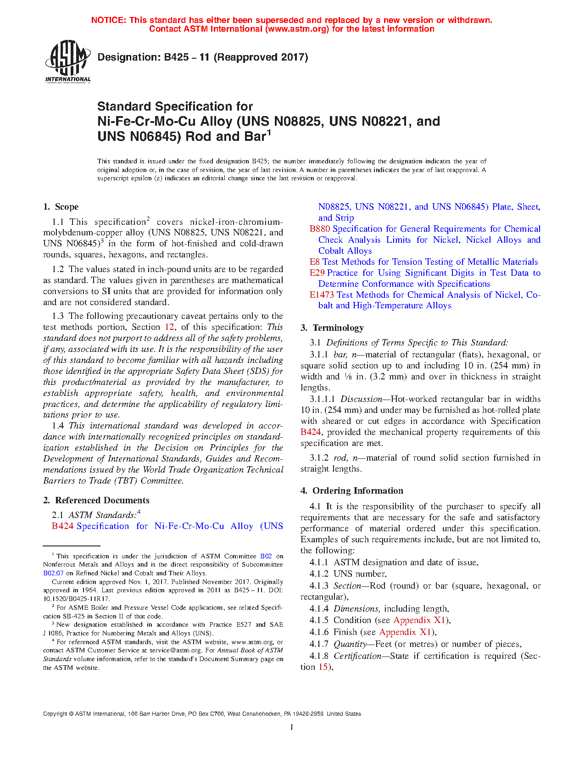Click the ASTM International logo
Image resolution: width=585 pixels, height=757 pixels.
pos(68,61)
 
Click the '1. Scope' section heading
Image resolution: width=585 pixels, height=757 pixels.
pos(61,207)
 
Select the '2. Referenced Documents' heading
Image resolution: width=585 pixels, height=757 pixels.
pos(96,501)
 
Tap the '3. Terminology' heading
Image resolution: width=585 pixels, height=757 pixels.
pos(332,328)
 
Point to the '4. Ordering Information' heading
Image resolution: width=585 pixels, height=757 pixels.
pos(352,491)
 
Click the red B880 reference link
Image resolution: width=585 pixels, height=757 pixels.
pos(320,229)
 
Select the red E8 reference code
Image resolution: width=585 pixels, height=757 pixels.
pos(314,262)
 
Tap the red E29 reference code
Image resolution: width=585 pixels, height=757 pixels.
pos(317,273)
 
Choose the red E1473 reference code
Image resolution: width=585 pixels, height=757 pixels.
pos(322,295)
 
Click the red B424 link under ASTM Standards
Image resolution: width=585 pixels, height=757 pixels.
pos(62,526)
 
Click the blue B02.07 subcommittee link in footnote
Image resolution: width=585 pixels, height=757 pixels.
pos(53,573)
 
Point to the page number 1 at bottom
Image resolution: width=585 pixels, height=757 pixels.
pos(292,727)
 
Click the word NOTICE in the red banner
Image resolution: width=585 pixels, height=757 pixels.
pos(108,20)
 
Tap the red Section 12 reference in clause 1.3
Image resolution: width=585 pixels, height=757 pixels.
pos(169,327)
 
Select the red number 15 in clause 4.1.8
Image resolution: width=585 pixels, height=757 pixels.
pos(323,667)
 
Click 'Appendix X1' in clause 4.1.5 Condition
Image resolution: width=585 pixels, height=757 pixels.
pos(420,620)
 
